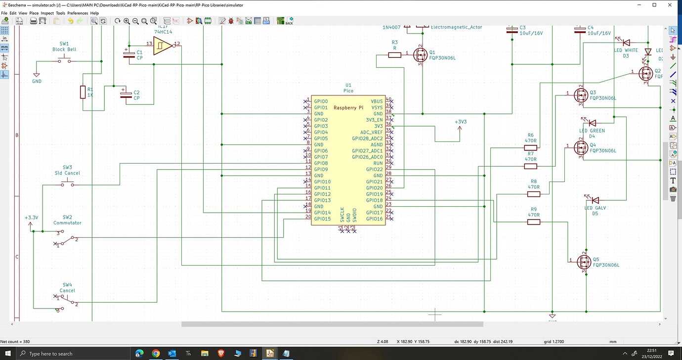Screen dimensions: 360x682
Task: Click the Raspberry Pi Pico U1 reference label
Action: [x=348, y=85]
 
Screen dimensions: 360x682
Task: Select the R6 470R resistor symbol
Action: [x=530, y=147]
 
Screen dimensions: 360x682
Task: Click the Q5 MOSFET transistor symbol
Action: [x=584, y=262]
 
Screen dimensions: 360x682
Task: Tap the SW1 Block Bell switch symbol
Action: [x=65, y=61]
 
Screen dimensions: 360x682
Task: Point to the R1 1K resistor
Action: [x=83, y=92]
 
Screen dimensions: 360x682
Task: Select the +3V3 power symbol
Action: [x=460, y=128]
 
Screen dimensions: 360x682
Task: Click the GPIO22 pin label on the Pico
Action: [x=374, y=170]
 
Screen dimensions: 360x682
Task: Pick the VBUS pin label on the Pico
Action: [x=377, y=101]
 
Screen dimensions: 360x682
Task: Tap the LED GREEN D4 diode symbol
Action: [x=592, y=123]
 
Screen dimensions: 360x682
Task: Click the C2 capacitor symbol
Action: [x=127, y=94]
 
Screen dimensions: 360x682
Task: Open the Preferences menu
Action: [x=78, y=13]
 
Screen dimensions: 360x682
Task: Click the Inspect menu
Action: [x=47, y=13]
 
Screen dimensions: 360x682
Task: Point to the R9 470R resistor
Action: [x=534, y=222]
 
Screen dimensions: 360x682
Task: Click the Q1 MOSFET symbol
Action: [x=421, y=55]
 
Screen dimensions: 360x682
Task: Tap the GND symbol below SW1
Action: [x=37, y=75]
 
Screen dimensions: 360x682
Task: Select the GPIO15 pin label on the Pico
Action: [x=322, y=219]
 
